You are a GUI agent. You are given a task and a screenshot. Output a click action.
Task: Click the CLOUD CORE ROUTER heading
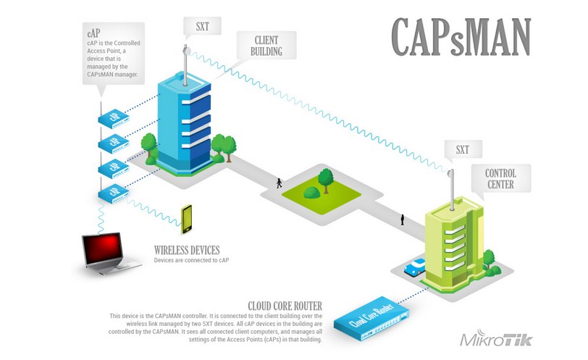[x=285, y=305]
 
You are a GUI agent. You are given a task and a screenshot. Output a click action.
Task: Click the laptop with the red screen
[x=110, y=253]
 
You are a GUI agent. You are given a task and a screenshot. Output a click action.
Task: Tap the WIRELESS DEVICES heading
[x=187, y=250]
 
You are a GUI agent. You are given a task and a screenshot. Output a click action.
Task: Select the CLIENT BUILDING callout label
[x=267, y=44]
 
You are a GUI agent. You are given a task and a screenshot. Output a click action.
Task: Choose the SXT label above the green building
[x=462, y=151]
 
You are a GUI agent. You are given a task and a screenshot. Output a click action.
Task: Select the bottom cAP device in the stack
[x=113, y=193]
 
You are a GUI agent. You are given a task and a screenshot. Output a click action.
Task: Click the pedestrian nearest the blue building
[x=279, y=183]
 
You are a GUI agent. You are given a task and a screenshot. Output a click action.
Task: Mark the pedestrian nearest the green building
[x=403, y=218]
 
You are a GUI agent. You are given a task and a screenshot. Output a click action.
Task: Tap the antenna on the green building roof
[x=449, y=182]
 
